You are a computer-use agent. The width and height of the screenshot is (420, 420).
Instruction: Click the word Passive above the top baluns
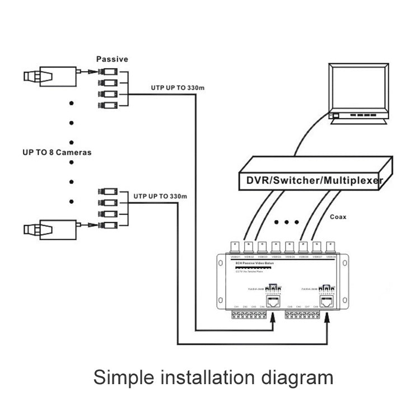(112, 59)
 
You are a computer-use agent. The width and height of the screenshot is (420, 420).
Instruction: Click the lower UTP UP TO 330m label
(160, 197)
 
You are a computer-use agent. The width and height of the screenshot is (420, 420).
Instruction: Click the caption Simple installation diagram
(213, 377)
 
